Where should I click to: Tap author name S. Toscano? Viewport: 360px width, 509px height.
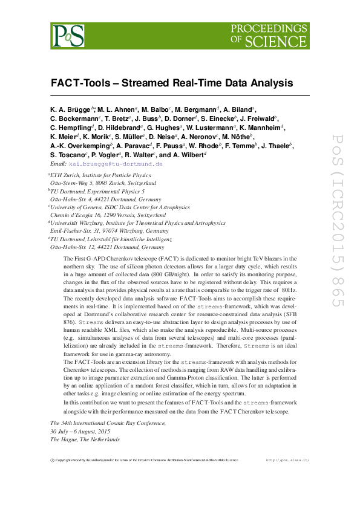tap(69, 155)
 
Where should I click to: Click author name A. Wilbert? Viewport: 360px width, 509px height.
tap(190, 155)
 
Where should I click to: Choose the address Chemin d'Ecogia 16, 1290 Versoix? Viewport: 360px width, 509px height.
tap(108, 215)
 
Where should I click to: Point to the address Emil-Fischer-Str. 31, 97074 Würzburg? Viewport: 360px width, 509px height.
tap(110, 231)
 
